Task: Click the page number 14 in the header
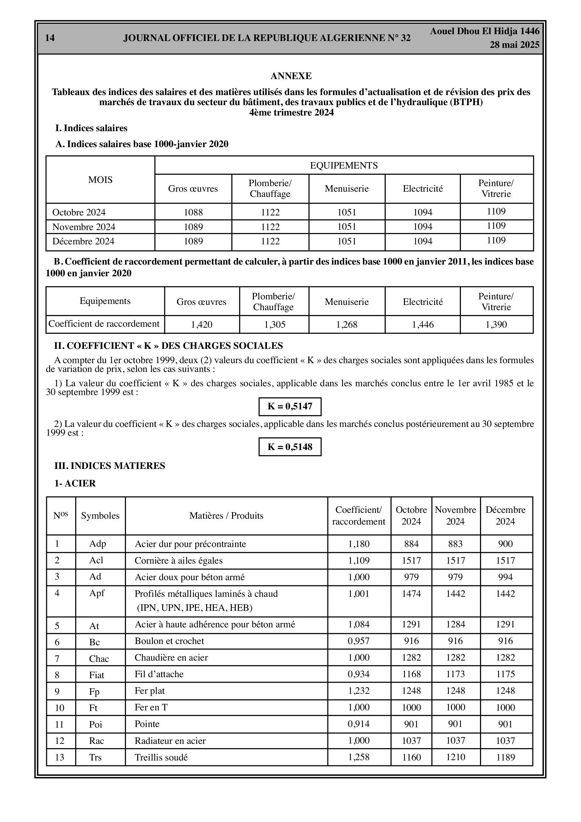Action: coord(50,38)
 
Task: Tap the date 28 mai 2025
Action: coord(514,45)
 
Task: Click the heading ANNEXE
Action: coord(291,76)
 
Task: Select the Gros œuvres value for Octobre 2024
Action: coord(193,212)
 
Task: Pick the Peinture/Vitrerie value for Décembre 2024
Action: coord(496,240)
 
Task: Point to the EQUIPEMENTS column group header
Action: coord(343,165)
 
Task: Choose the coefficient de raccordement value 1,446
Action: coord(423,325)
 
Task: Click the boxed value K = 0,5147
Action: coord(290,406)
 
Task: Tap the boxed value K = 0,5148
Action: coord(290,447)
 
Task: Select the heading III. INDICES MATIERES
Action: coord(110,466)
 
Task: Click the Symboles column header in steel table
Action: coord(100,515)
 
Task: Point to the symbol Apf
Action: coord(97,593)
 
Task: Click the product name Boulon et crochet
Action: coord(169,641)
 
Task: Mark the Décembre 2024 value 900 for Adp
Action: coord(505,544)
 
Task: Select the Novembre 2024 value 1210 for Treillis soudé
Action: coord(455,757)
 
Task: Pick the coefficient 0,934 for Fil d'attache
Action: coord(359,674)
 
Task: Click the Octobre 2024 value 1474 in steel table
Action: coord(411,594)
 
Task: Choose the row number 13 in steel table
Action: coord(60,757)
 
